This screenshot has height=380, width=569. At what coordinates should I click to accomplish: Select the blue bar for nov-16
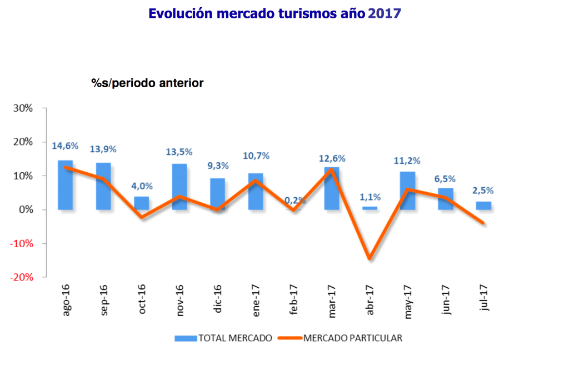(x=179, y=187)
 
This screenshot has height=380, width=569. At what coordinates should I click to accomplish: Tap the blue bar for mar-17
(x=332, y=188)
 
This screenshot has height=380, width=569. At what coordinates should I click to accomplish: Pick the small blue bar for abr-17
(x=370, y=208)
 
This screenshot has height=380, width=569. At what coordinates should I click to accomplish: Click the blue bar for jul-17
(x=483, y=206)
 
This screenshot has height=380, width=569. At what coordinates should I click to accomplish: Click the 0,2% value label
(x=294, y=200)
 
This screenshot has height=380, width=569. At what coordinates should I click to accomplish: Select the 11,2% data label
(x=408, y=161)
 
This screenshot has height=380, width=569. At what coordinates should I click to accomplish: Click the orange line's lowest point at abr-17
(x=370, y=258)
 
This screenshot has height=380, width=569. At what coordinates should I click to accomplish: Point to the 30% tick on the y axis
(x=23, y=108)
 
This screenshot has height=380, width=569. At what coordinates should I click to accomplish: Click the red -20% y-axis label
(x=21, y=277)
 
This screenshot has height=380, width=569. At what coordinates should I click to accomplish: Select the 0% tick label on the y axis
(x=26, y=209)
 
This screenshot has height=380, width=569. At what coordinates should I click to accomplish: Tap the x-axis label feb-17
(x=295, y=301)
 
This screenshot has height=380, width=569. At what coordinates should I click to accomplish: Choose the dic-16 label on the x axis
(x=218, y=301)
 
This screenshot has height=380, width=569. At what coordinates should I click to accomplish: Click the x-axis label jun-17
(x=447, y=301)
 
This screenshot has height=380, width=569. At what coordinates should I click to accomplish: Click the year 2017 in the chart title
(x=384, y=13)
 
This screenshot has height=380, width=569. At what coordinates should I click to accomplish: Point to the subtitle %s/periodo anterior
(x=147, y=83)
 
